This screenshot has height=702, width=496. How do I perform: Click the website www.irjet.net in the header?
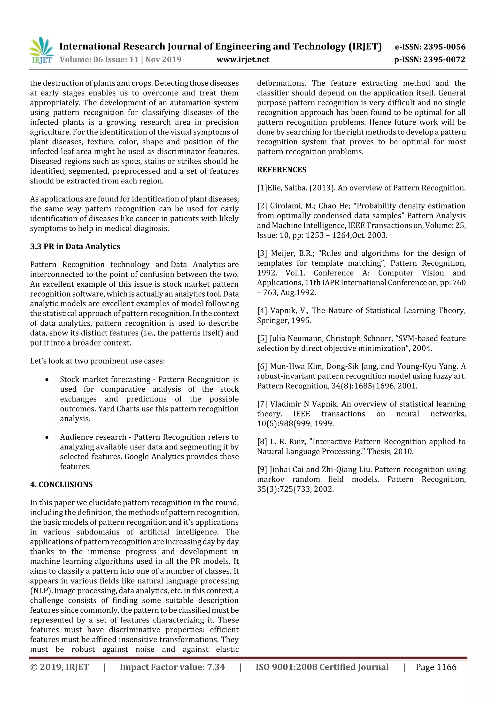tap(243, 60)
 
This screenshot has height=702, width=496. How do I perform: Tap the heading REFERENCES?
tap(281, 170)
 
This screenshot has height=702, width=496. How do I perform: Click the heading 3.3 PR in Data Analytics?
tap(75, 246)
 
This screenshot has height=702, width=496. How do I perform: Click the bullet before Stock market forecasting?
tap(47, 380)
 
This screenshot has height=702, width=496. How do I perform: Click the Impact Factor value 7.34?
tap(216, 667)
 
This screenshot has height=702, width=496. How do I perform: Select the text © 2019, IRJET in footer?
tap(60, 667)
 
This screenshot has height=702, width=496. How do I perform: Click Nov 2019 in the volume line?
tap(163, 60)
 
